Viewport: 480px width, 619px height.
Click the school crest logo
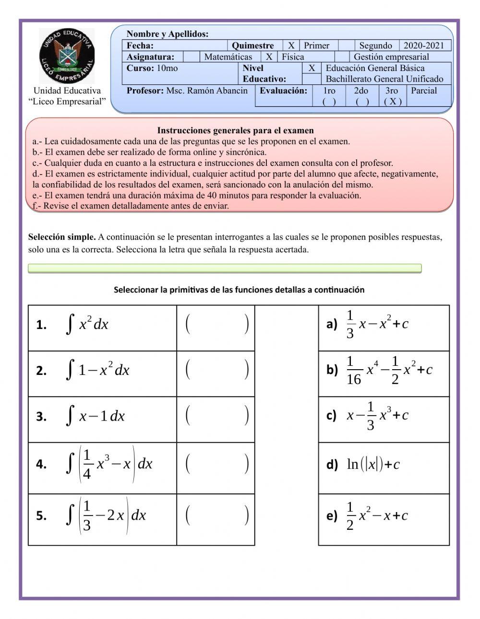click(x=67, y=56)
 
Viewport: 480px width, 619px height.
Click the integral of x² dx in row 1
click(x=87, y=324)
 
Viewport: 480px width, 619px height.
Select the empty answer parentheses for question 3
click(x=216, y=416)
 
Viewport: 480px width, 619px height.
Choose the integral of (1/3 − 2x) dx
click(x=106, y=515)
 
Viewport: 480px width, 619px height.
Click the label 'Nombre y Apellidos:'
click(x=168, y=34)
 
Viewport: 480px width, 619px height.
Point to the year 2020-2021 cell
click(x=424, y=46)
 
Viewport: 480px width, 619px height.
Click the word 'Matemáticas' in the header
click(x=228, y=57)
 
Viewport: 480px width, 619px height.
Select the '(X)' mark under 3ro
click(x=393, y=101)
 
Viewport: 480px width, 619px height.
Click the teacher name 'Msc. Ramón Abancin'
click(x=207, y=91)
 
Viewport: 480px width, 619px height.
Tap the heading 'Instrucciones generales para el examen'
click(x=235, y=130)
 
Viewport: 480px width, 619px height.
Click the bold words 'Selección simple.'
click(x=62, y=237)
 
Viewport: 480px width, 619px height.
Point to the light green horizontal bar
click(x=225, y=268)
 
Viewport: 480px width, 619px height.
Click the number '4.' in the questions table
click(x=41, y=464)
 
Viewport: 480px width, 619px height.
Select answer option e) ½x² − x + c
click(x=377, y=516)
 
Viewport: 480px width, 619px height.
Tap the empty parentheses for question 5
click(x=216, y=516)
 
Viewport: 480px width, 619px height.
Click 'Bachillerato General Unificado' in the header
click(x=384, y=79)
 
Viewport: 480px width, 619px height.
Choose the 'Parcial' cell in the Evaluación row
click(x=424, y=91)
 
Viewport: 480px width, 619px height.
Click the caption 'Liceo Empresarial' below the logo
click(x=67, y=102)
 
